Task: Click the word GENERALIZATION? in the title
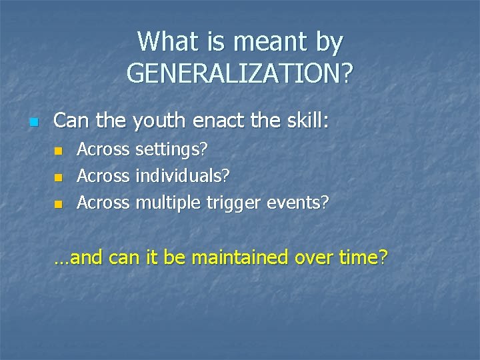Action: (x=240, y=73)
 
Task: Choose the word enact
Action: (x=213, y=121)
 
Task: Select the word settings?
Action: (x=171, y=151)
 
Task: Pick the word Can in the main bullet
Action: (x=69, y=121)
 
